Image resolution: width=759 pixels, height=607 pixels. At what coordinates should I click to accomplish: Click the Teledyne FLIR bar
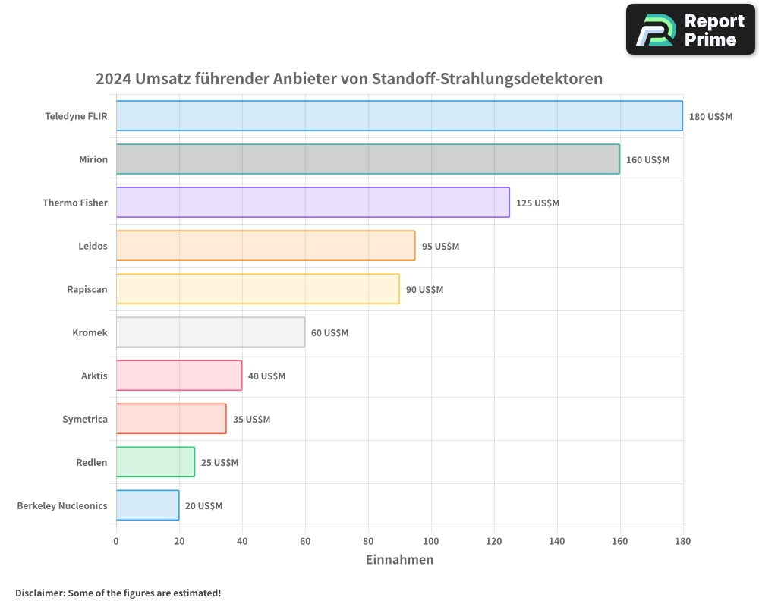point(399,116)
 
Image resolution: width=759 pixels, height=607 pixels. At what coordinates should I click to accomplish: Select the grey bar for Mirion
point(367,159)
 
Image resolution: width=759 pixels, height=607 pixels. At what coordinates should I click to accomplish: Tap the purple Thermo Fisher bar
point(313,203)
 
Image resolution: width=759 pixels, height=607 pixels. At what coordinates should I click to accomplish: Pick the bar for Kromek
point(210,332)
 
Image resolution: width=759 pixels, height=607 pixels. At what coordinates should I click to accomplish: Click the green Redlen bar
point(156,462)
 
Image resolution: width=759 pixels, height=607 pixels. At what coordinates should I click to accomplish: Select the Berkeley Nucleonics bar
point(147,505)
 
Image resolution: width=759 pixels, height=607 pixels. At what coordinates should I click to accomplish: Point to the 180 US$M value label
point(710,117)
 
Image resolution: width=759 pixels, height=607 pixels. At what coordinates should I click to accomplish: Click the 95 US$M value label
point(440,247)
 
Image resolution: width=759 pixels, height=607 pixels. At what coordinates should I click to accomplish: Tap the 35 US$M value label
point(251,420)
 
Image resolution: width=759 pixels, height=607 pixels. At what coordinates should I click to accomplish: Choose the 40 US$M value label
point(266,376)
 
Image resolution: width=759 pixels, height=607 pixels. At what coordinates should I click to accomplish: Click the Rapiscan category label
point(87,290)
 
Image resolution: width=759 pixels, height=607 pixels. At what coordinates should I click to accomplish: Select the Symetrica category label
point(85,420)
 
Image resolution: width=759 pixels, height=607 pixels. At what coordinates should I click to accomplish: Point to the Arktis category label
point(94,376)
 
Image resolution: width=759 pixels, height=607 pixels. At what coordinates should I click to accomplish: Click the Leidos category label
point(93,247)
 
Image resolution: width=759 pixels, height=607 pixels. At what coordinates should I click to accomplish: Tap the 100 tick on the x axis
point(431,542)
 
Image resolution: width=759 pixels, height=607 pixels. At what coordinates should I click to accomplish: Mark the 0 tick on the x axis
point(116,542)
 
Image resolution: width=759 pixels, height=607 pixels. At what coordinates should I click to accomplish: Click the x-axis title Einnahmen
point(399,560)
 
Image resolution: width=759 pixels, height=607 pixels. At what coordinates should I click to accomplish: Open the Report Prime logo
point(690,30)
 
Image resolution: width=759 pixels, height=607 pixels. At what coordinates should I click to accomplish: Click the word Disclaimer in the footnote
point(39,593)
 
